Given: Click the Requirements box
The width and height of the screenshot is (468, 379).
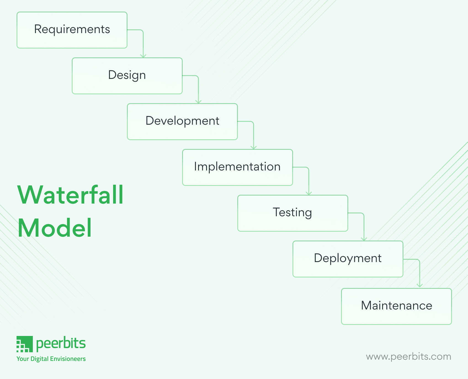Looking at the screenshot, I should click(72, 30).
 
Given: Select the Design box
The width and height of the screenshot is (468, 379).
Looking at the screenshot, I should click(127, 76).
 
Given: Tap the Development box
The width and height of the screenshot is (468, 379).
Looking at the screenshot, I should click(182, 122).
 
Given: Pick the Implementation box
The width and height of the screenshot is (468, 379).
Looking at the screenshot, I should click(237, 167).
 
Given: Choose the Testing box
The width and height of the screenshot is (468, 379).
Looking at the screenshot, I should click(292, 213).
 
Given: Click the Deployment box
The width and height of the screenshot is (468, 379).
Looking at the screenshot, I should click(348, 259).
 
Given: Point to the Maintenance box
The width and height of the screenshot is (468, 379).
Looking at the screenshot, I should click(396, 306).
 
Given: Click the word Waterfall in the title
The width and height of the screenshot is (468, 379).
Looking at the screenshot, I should click(70, 195).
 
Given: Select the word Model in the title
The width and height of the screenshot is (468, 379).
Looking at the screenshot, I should click(55, 228).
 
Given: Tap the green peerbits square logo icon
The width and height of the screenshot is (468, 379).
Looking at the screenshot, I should click(25, 344).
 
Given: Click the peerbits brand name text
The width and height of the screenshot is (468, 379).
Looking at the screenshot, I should click(61, 344).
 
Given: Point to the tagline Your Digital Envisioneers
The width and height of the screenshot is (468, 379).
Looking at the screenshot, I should click(51, 359).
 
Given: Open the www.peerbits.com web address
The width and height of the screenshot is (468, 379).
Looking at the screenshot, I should click(408, 357).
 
